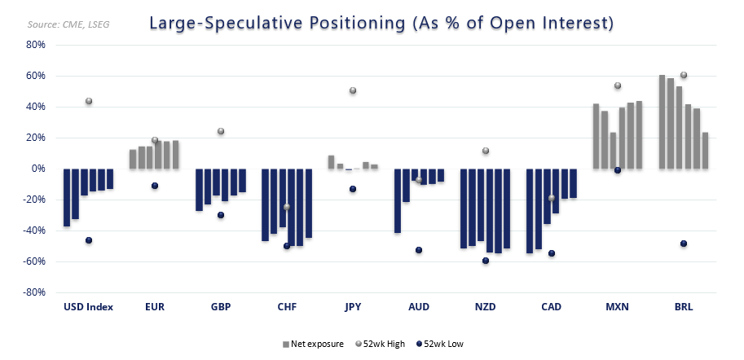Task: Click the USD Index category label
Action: [88, 307]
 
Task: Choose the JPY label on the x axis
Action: [353, 307]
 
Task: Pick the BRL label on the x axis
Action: [684, 307]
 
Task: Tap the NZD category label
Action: [485, 307]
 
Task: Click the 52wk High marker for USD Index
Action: [89, 101]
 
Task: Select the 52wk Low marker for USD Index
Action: [89, 240]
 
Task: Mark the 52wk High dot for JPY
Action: [353, 90]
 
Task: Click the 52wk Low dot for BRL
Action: [684, 244]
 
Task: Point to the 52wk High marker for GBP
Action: [221, 131]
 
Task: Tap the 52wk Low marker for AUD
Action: [419, 250]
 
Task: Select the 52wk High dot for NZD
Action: [486, 151]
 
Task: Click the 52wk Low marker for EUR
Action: [155, 186]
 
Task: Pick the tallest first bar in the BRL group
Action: [663, 122]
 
